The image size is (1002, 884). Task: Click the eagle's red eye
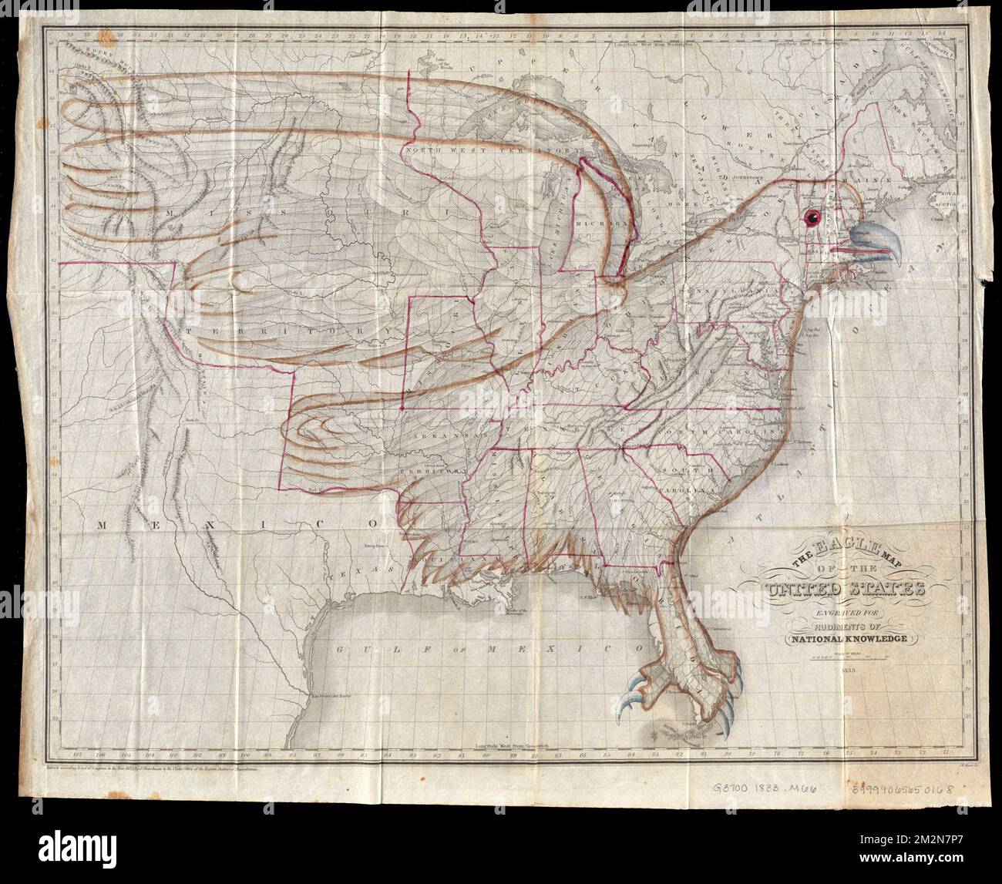coord(812,219)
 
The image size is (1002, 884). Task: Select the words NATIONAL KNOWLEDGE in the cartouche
coord(848,637)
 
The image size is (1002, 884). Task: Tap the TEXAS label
coord(345,576)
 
